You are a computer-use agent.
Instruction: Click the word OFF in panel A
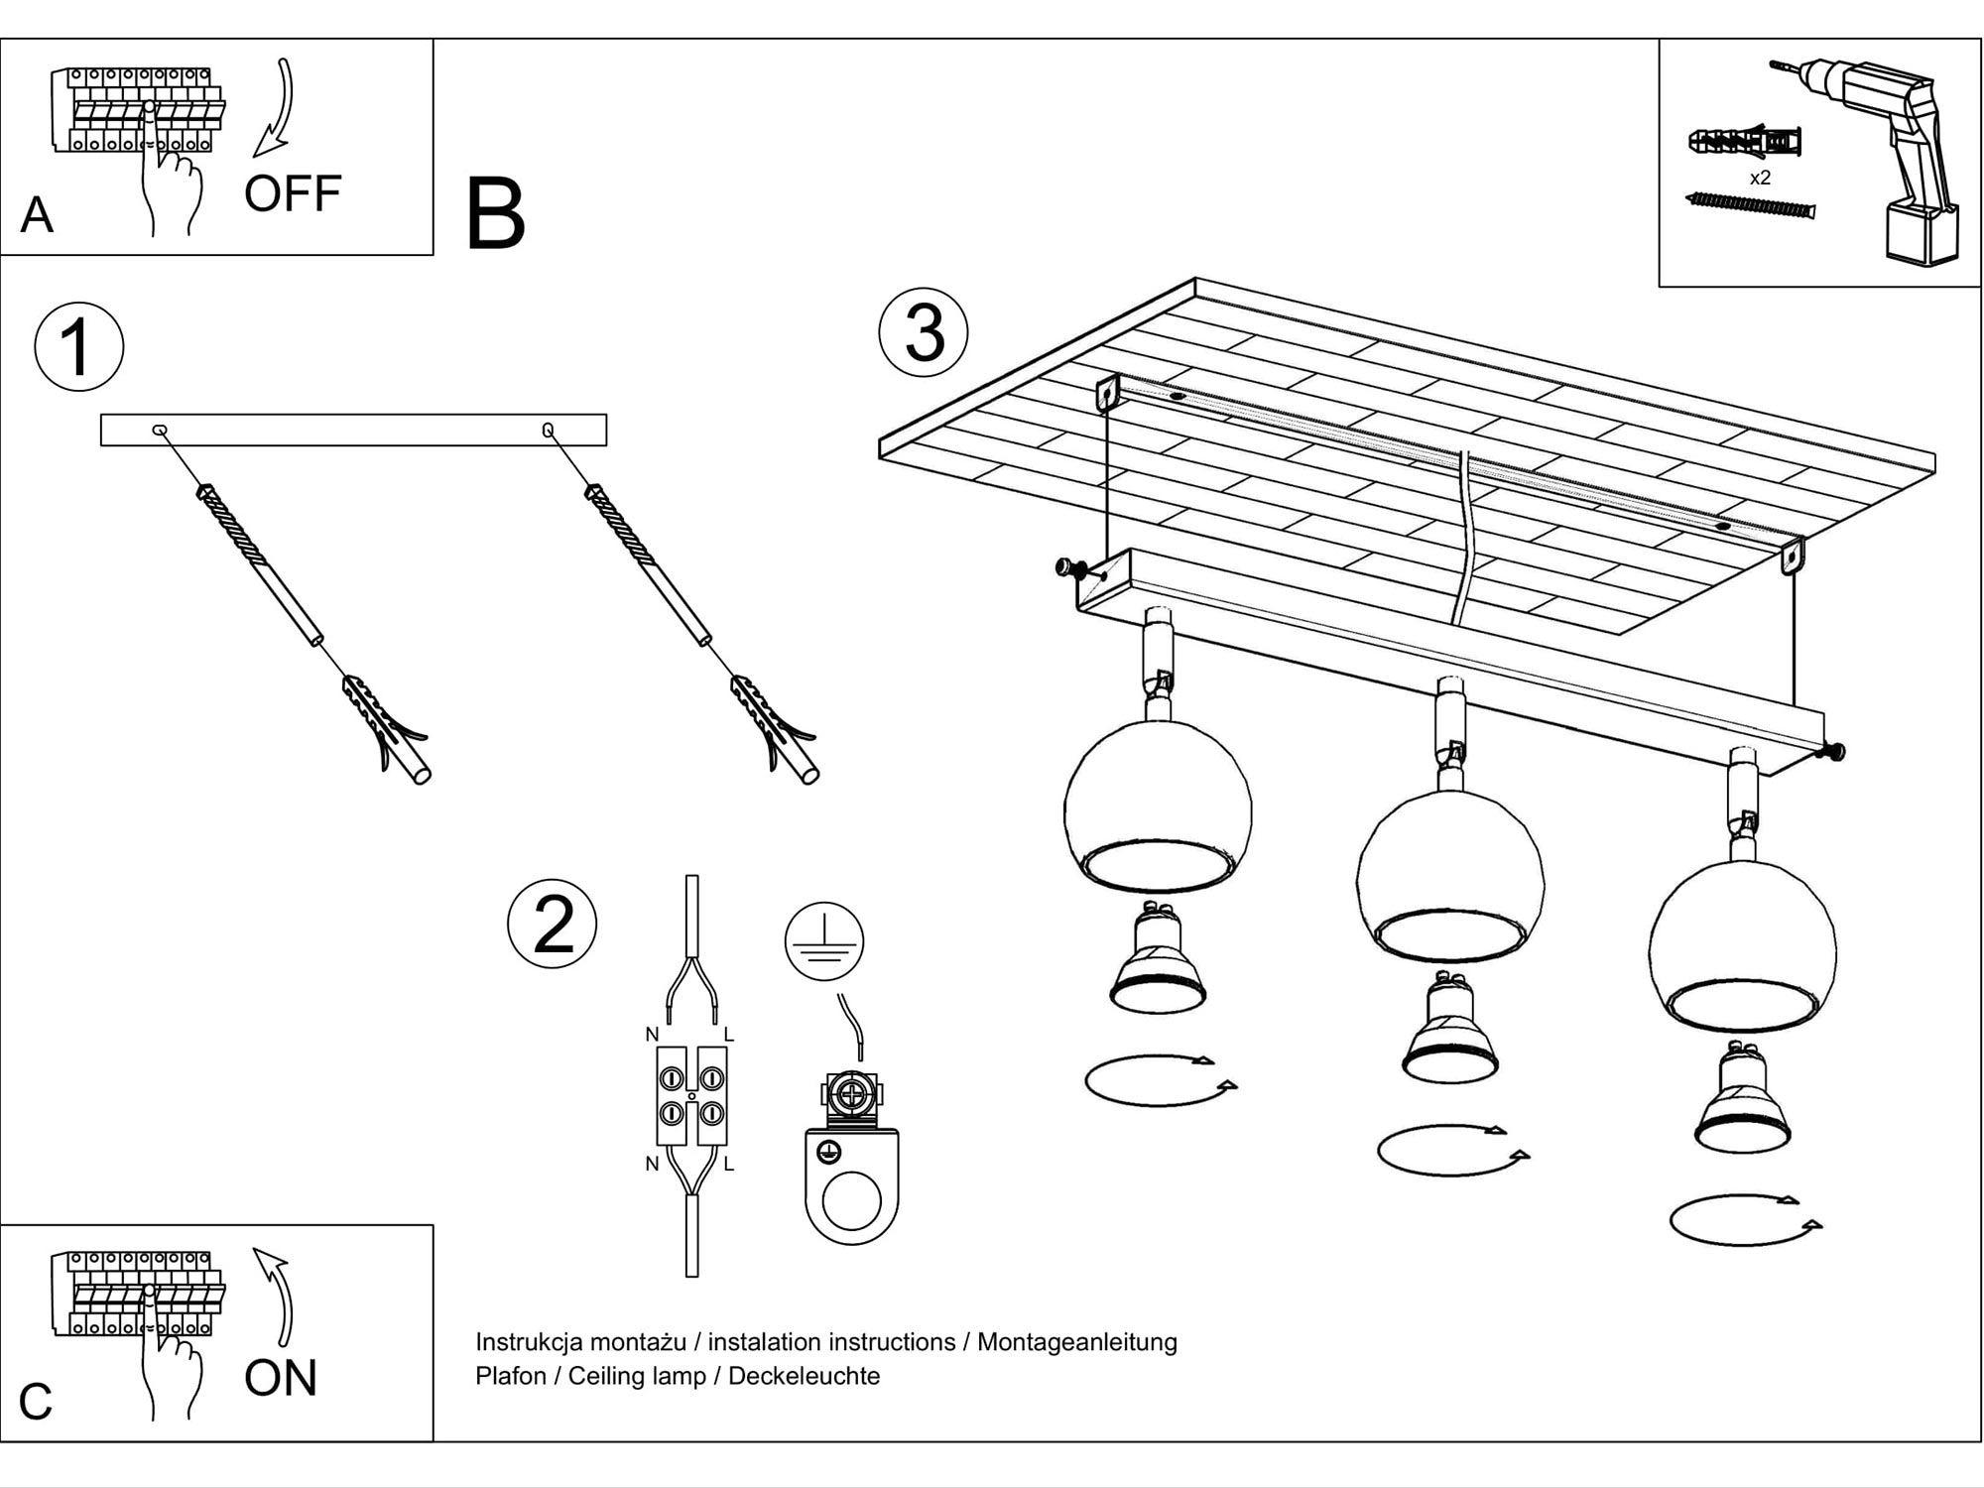click(293, 193)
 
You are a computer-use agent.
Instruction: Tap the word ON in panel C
click(281, 1378)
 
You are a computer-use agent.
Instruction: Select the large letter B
click(494, 215)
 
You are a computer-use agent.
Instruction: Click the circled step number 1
click(78, 347)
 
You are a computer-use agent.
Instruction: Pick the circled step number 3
click(924, 332)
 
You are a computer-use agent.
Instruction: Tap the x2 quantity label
click(1760, 179)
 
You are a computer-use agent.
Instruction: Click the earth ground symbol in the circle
click(824, 941)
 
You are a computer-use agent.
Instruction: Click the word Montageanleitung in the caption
click(1077, 1342)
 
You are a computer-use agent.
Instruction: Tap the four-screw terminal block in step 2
click(691, 1095)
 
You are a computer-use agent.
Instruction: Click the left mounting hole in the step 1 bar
click(159, 430)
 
